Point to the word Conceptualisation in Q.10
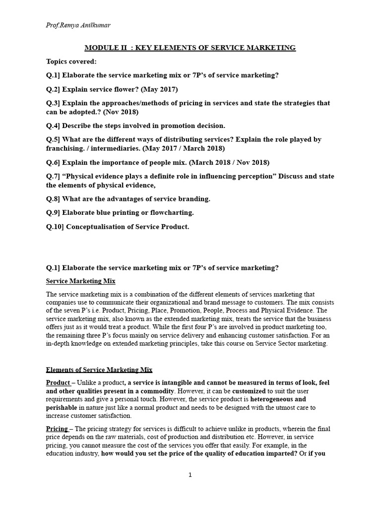point(95,227)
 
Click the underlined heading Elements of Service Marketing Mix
point(99,370)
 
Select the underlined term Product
point(58,382)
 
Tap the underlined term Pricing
point(57,429)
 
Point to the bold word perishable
point(62,407)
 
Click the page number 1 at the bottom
point(190,475)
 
